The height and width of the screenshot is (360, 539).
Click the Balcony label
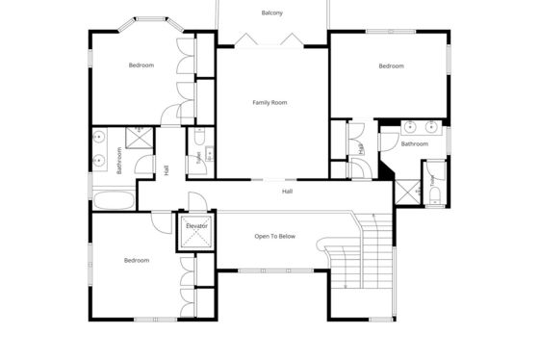coord(271,13)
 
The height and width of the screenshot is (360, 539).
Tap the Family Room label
coord(269,102)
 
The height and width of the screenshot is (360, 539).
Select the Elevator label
coord(196,226)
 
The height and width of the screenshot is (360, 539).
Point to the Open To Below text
coord(274,236)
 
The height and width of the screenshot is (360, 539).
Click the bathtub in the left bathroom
coord(114,200)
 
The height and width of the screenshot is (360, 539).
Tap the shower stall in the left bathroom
coord(140,138)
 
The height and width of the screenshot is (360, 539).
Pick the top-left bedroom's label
coord(141,65)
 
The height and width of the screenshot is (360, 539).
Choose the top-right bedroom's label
coord(391,66)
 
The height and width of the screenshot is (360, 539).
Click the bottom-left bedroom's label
coord(137,260)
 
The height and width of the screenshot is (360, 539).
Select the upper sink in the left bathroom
coord(98,138)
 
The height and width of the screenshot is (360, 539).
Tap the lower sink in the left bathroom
coord(98,160)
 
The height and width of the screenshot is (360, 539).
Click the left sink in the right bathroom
coord(410,127)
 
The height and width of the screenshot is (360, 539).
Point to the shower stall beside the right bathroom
coord(408,193)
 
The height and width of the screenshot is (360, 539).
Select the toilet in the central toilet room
coord(200,137)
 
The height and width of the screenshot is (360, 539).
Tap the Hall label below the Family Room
coord(288,192)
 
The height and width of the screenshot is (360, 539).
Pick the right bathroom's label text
coord(415,143)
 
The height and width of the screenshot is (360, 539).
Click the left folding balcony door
coord(246,39)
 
